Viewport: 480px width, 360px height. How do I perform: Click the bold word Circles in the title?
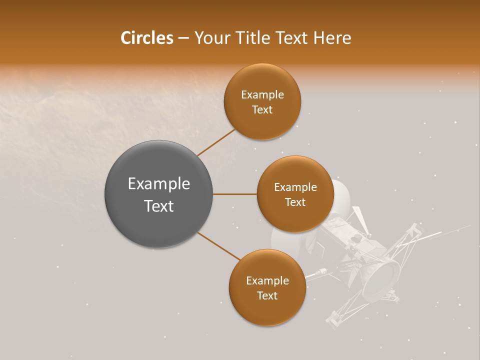point(146,38)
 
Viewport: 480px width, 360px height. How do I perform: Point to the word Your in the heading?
point(211,38)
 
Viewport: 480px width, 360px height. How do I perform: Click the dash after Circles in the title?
point(183,38)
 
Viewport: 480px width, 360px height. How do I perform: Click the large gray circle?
point(158,194)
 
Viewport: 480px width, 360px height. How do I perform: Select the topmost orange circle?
point(262,102)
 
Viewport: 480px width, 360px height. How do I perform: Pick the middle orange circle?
point(295,194)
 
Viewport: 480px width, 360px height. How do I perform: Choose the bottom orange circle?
point(267,288)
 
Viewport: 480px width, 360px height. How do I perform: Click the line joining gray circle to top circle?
point(216,142)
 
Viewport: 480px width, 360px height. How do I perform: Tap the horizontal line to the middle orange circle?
point(234,194)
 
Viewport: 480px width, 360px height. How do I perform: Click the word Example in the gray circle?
point(158,184)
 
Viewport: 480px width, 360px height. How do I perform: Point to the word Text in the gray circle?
point(158,206)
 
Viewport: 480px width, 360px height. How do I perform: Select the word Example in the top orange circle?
point(262,95)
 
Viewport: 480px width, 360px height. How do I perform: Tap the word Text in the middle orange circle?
point(295,202)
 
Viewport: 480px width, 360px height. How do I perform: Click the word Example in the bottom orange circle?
point(267,281)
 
